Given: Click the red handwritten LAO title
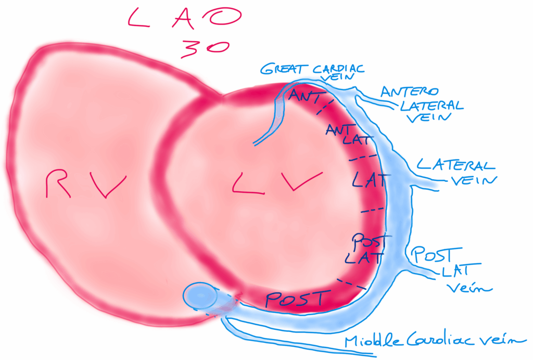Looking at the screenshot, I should click(185, 20).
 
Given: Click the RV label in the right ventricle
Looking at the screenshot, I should click(85, 185).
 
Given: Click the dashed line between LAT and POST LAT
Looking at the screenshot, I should click(372, 210).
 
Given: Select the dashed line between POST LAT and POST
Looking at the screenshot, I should click(350, 284).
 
